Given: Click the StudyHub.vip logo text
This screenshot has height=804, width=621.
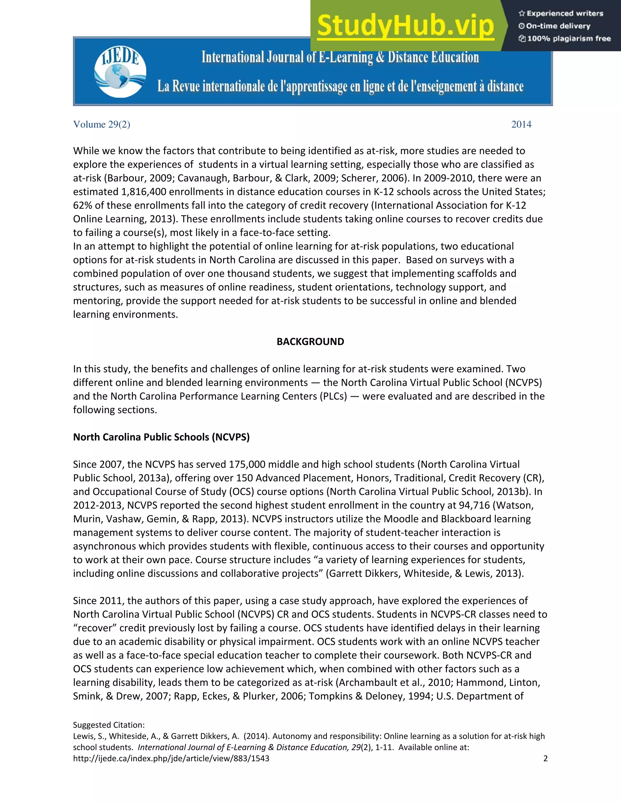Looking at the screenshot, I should (x=405, y=25).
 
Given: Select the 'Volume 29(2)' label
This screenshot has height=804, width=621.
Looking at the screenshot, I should (x=102, y=124).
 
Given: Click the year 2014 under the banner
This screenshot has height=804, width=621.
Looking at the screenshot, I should (x=521, y=124).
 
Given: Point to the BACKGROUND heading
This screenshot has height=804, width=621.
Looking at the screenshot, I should (x=310, y=342).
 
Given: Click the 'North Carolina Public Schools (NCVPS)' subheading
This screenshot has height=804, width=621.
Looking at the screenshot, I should (x=161, y=437).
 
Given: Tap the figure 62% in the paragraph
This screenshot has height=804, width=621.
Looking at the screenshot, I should (x=82, y=205).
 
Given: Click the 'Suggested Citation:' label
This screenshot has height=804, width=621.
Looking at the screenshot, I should (x=109, y=725).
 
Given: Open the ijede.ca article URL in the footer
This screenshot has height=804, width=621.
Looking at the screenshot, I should (x=171, y=758).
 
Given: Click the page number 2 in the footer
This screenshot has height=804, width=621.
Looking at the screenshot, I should (x=545, y=758).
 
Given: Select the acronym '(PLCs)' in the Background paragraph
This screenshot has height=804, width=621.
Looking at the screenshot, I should (x=335, y=396).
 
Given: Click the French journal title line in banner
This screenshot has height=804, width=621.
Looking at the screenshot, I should (x=340, y=86).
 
